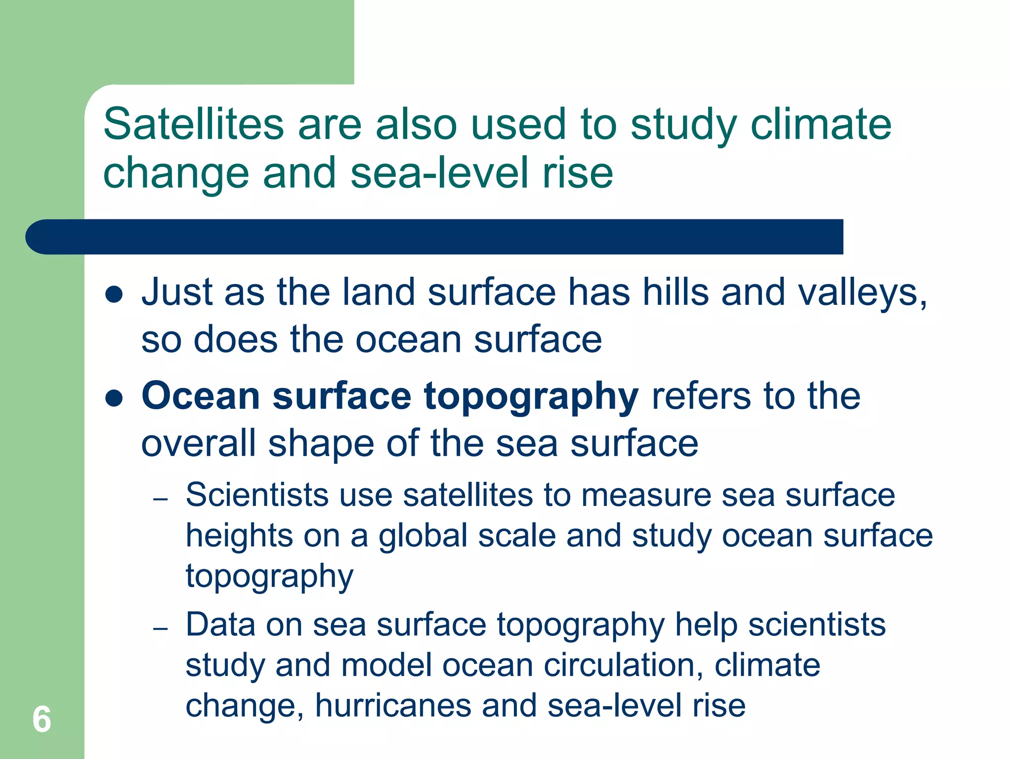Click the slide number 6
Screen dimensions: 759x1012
(x=42, y=719)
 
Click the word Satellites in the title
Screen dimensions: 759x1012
(x=193, y=124)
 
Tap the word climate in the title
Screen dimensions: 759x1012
(x=821, y=124)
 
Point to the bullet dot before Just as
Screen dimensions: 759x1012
(x=114, y=295)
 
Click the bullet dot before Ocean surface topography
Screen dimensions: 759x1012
(x=114, y=398)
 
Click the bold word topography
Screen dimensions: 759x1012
(x=531, y=397)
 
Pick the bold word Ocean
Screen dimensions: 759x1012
(x=201, y=396)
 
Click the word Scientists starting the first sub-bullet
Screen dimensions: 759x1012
(x=257, y=495)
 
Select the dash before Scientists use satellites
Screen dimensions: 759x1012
(x=160, y=500)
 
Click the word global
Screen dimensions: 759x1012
(x=423, y=536)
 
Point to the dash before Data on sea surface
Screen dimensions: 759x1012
(x=160, y=629)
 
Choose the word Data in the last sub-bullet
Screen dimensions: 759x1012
(x=220, y=625)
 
